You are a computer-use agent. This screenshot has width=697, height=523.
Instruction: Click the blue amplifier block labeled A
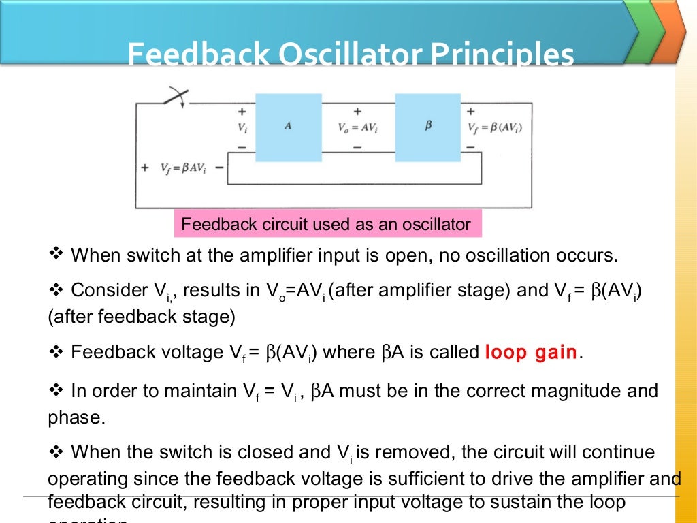(x=288, y=127)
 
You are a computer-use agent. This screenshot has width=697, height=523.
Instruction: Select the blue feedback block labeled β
(x=428, y=127)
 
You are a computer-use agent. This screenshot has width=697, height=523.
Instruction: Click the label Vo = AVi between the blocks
(x=357, y=127)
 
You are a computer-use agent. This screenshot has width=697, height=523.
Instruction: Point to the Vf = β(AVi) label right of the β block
(x=496, y=127)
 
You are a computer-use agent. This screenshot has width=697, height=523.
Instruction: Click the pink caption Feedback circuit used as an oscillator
(x=327, y=224)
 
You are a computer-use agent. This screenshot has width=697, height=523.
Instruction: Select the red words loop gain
(x=531, y=353)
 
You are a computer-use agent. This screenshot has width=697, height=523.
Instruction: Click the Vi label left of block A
(x=242, y=127)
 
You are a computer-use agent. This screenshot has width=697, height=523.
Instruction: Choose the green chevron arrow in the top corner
(x=643, y=31)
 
